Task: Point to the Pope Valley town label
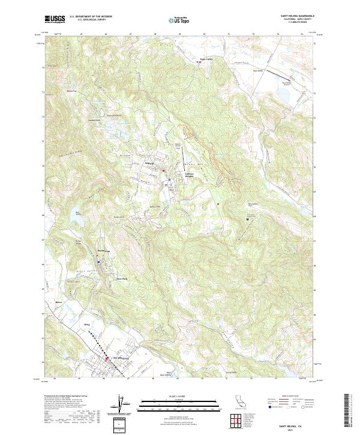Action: pyautogui.click(x=206, y=58)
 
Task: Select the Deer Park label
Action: pyautogui.click(x=122, y=278)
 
